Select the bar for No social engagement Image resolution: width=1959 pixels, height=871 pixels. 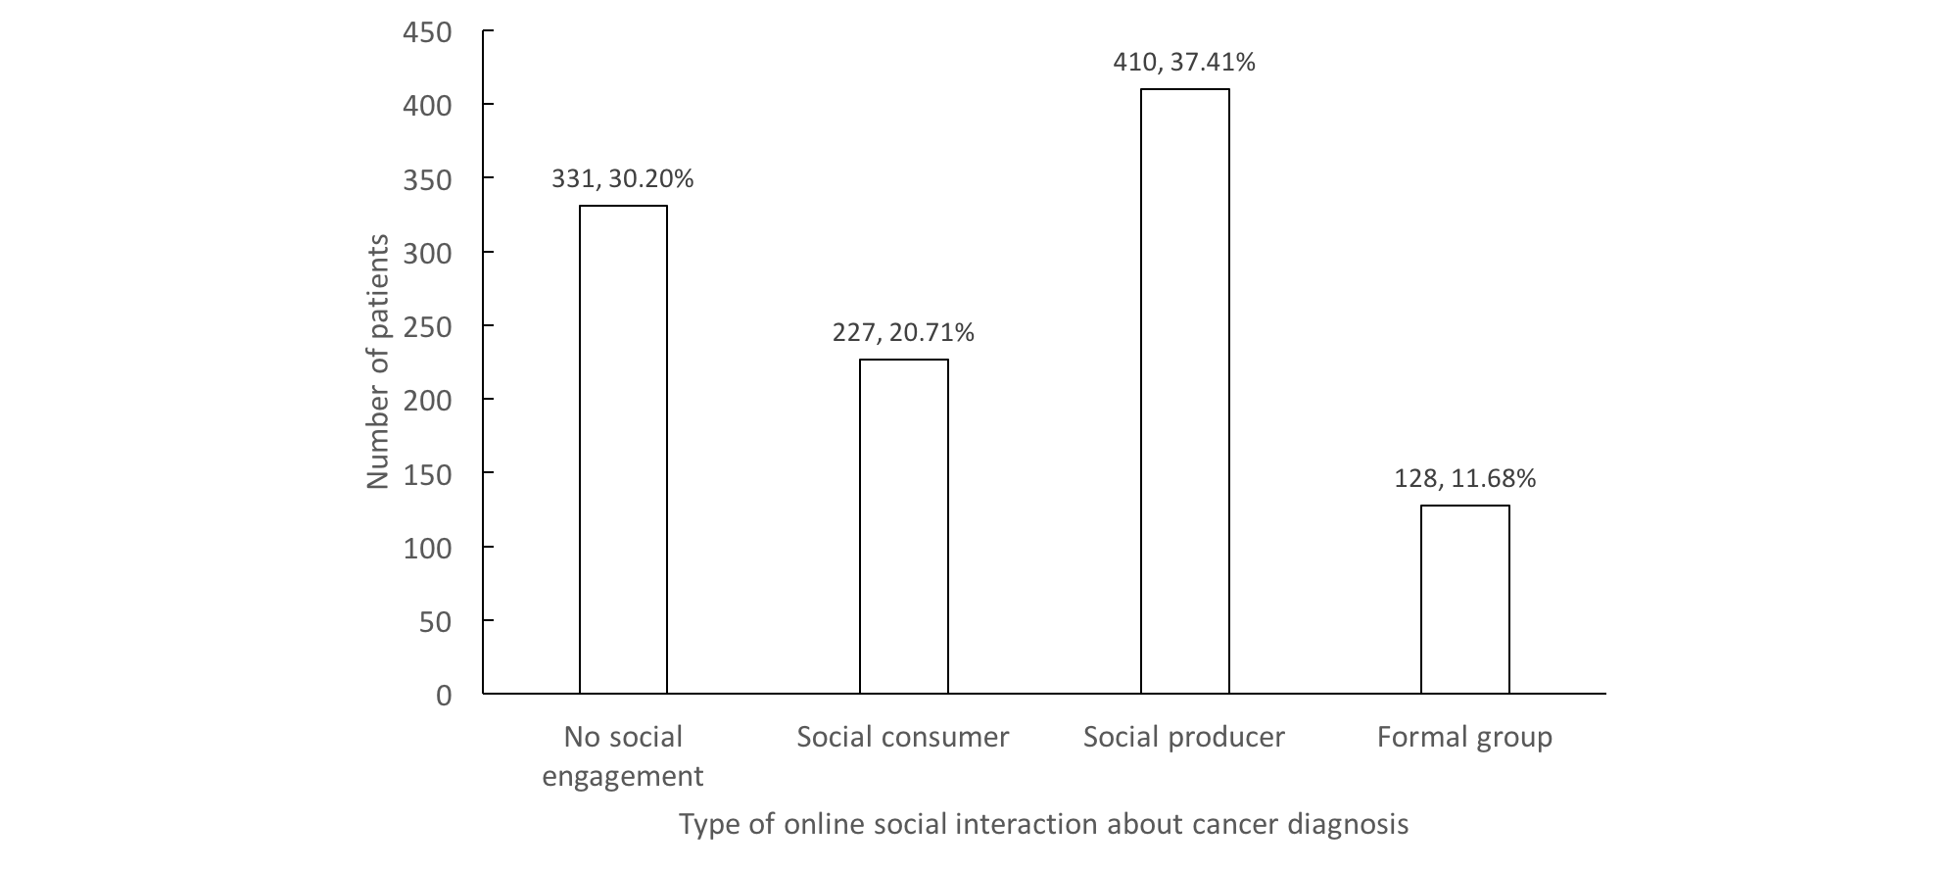[623, 450]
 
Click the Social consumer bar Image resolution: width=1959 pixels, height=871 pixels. [903, 527]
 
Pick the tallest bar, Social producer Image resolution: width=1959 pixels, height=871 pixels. [1184, 392]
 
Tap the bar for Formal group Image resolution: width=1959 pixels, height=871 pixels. [1464, 600]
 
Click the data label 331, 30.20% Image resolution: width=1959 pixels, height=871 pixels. [623, 179]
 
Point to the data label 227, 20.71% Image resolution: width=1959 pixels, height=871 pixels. [903, 333]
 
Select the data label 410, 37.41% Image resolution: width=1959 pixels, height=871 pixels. [1184, 63]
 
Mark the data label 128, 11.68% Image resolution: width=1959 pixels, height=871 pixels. [1464, 479]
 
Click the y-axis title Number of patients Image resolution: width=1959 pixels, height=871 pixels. [378, 362]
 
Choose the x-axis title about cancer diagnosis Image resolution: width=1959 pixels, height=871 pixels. [1043, 824]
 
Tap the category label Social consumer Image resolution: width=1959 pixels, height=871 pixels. [903, 737]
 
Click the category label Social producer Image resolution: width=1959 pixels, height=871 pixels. [1184, 737]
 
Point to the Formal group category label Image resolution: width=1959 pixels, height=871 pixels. [1464, 737]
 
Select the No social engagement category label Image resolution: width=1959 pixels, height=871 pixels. [623, 756]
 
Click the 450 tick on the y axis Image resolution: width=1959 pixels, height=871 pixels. [427, 32]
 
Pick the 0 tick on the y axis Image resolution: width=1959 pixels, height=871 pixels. [444, 696]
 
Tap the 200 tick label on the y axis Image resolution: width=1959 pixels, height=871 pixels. [427, 401]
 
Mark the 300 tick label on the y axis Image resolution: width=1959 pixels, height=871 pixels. [427, 253]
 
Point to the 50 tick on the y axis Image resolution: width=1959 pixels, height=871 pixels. [435, 621]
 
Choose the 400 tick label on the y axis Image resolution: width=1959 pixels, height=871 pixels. [427, 106]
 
